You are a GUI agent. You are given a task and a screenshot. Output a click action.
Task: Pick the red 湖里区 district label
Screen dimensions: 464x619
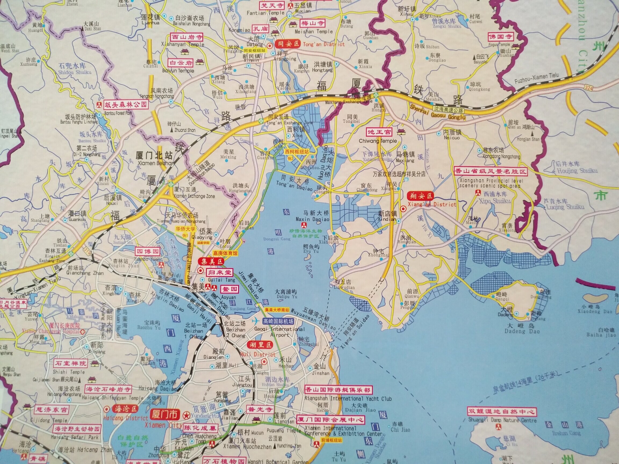(x=260, y=345)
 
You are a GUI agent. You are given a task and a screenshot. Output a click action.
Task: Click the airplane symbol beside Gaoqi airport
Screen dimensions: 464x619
(x=256, y=321)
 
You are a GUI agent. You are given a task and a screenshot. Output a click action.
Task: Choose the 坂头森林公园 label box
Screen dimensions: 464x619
(x=126, y=105)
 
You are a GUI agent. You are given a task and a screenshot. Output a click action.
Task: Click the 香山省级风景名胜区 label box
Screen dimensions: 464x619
(x=491, y=171)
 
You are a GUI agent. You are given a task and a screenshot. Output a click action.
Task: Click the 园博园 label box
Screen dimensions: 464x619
(x=147, y=251)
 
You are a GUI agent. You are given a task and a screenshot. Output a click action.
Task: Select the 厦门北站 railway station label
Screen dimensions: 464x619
(x=154, y=155)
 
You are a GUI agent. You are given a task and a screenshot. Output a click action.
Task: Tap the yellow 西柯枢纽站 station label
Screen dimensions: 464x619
(x=297, y=152)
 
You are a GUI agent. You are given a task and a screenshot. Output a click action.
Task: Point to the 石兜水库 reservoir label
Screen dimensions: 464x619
(x=72, y=66)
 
